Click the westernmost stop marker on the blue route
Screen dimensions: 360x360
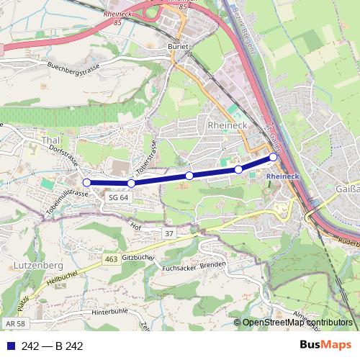86,182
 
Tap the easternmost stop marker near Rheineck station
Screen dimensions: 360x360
274,157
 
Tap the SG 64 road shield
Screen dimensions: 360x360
118,197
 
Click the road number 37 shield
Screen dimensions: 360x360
169,234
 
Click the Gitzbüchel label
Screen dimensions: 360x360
139,257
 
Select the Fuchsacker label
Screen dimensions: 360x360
180,269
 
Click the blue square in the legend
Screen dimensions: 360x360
10,346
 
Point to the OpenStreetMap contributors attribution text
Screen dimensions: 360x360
297,323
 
